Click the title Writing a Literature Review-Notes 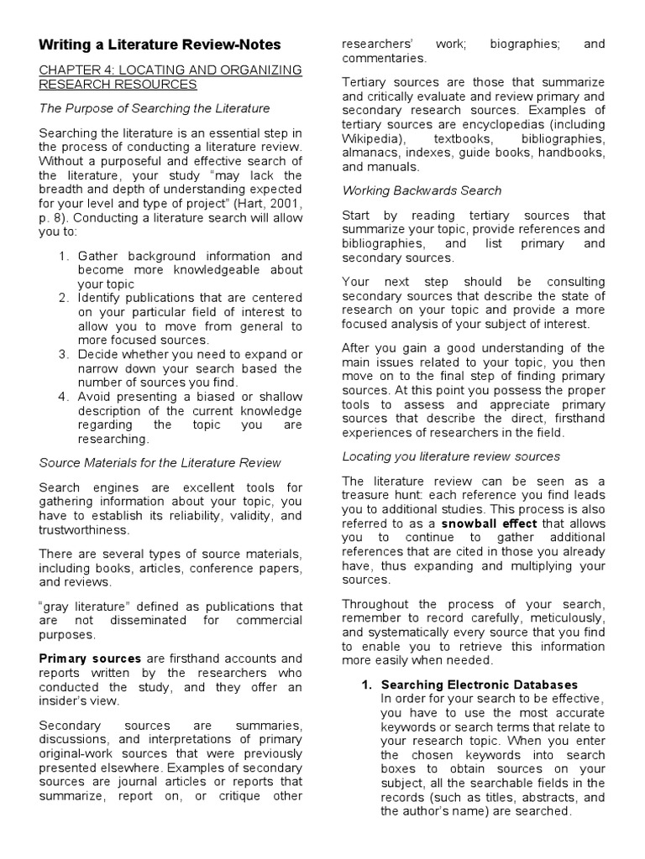click(160, 44)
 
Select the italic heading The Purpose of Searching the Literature click(155, 108)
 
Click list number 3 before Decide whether click(64, 354)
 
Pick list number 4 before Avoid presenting click(64, 397)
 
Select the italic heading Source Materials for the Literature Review click(160, 462)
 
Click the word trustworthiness click(85, 530)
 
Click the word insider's click(66, 701)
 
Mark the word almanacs click(370, 152)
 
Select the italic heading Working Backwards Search click(422, 190)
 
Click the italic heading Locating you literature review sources click(451, 456)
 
